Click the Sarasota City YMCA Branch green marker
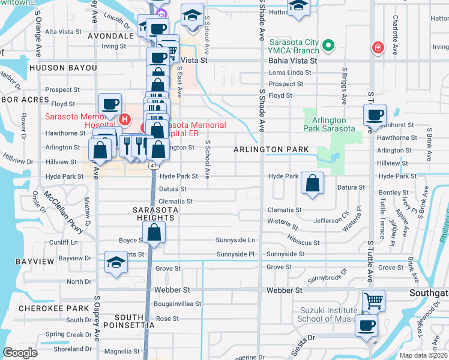328,46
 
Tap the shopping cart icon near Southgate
373,300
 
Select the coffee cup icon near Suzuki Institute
366,326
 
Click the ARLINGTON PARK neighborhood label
271,149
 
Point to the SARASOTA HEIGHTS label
154,213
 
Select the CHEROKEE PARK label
46,308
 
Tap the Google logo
20,353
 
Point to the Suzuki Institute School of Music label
330,314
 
